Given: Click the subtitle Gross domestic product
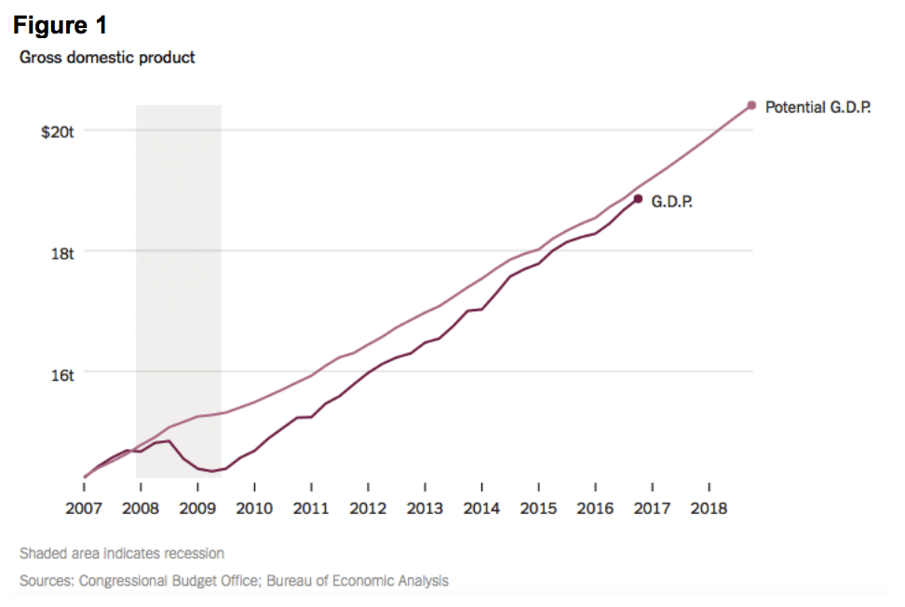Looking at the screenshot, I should pos(107,58).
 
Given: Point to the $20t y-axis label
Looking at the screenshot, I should pos(57,132).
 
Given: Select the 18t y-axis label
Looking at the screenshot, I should pos(62,251).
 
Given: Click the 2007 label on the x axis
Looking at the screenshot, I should pos(85,508).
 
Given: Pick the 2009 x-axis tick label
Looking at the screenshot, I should pos(197,508).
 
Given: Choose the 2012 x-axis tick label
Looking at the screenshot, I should pos(368,508).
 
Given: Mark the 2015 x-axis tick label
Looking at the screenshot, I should pos(538,508).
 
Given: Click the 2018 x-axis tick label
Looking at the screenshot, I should pos(709,508).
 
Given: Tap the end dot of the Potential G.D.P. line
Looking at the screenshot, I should pos(751,105).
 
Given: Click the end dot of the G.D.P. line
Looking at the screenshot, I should pos(638,198).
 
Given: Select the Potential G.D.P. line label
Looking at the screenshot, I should pos(817,108).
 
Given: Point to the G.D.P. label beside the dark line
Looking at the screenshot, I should pos(671,201).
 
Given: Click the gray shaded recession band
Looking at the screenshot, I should pos(178,279).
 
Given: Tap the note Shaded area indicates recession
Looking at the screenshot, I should pos(122,553).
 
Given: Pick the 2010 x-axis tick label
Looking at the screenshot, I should pos(254,508).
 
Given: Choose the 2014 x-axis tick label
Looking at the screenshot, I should pos(481,508).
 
